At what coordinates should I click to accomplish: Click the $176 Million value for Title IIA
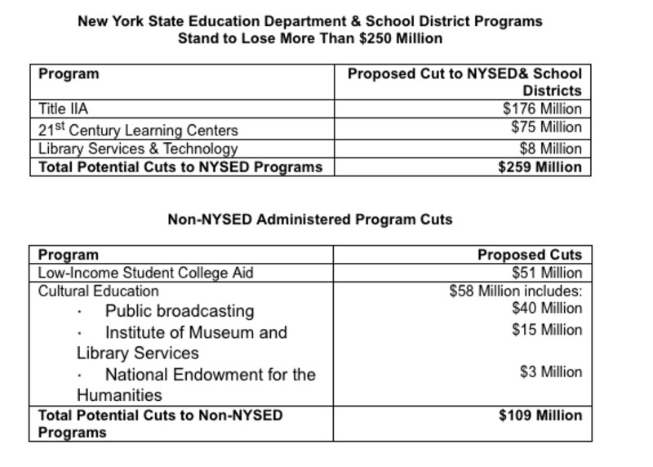tap(542, 109)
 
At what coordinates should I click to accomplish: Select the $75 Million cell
tap(546, 127)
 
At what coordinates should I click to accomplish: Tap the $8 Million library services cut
tap(551, 149)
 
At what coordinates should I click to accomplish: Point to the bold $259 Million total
tap(540, 167)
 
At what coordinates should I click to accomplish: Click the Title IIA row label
tap(64, 109)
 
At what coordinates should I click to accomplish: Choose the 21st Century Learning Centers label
tap(138, 130)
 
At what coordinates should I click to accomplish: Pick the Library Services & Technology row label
tap(138, 149)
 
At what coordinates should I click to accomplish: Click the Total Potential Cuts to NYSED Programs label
tap(180, 167)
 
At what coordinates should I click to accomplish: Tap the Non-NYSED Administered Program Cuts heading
tap(309, 219)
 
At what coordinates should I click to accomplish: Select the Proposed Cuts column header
tap(530, 255)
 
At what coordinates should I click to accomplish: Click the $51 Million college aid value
tap(547, 273)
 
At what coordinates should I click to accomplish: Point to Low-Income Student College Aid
tap(146, 273)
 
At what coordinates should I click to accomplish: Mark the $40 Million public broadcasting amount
tap(547, 309)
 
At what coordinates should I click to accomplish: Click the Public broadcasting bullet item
tap(180, 311)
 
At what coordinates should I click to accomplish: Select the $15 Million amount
tap(547, 330)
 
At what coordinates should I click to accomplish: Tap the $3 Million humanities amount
tap(551, 372)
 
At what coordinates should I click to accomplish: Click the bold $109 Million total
tap(540, 416)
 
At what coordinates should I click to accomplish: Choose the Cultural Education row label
tap(99, 291)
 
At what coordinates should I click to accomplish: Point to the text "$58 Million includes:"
tap(516, 291)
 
